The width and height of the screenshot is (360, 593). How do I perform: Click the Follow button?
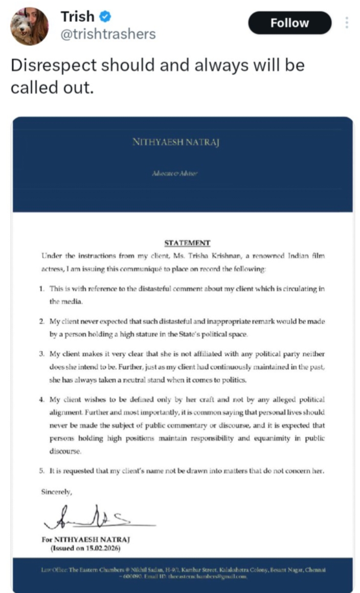point(289,23)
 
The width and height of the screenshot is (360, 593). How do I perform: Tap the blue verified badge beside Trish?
point(105,17)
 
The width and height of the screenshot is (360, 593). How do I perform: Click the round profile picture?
point(30,27)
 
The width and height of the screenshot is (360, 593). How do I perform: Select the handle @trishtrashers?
point(108,34)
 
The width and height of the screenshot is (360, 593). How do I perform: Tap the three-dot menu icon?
point(347,23)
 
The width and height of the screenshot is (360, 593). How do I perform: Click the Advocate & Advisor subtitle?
point(175,174)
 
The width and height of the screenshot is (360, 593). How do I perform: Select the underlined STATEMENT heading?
point(187,243)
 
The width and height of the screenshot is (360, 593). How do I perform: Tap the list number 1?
point(40,289)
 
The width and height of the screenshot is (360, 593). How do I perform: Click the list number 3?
point(40,354)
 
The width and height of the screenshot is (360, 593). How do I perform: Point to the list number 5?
point(40,471)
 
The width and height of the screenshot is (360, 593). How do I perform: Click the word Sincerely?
point(57,492)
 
